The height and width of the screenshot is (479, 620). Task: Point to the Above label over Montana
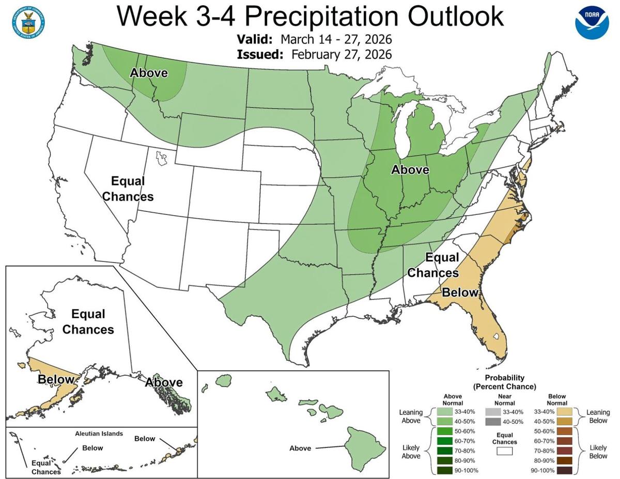[x=149, y=73]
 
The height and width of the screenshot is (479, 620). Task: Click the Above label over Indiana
[x=410, y=169]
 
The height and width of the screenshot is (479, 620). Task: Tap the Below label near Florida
[x=459, y=292]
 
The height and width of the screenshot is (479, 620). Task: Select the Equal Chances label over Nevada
[x=128, y=189]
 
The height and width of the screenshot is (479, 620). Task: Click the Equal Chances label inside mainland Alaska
[x=88, y=321]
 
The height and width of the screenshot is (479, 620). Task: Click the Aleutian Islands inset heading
[x=98, y=434]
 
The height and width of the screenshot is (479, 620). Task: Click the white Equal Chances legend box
[x=504, y=451]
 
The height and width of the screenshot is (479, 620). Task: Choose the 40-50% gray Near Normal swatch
[x=492, y=422]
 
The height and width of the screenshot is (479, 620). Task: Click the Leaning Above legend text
[x=411, y=416]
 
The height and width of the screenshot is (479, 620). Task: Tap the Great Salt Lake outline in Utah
[x=161, y=157]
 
